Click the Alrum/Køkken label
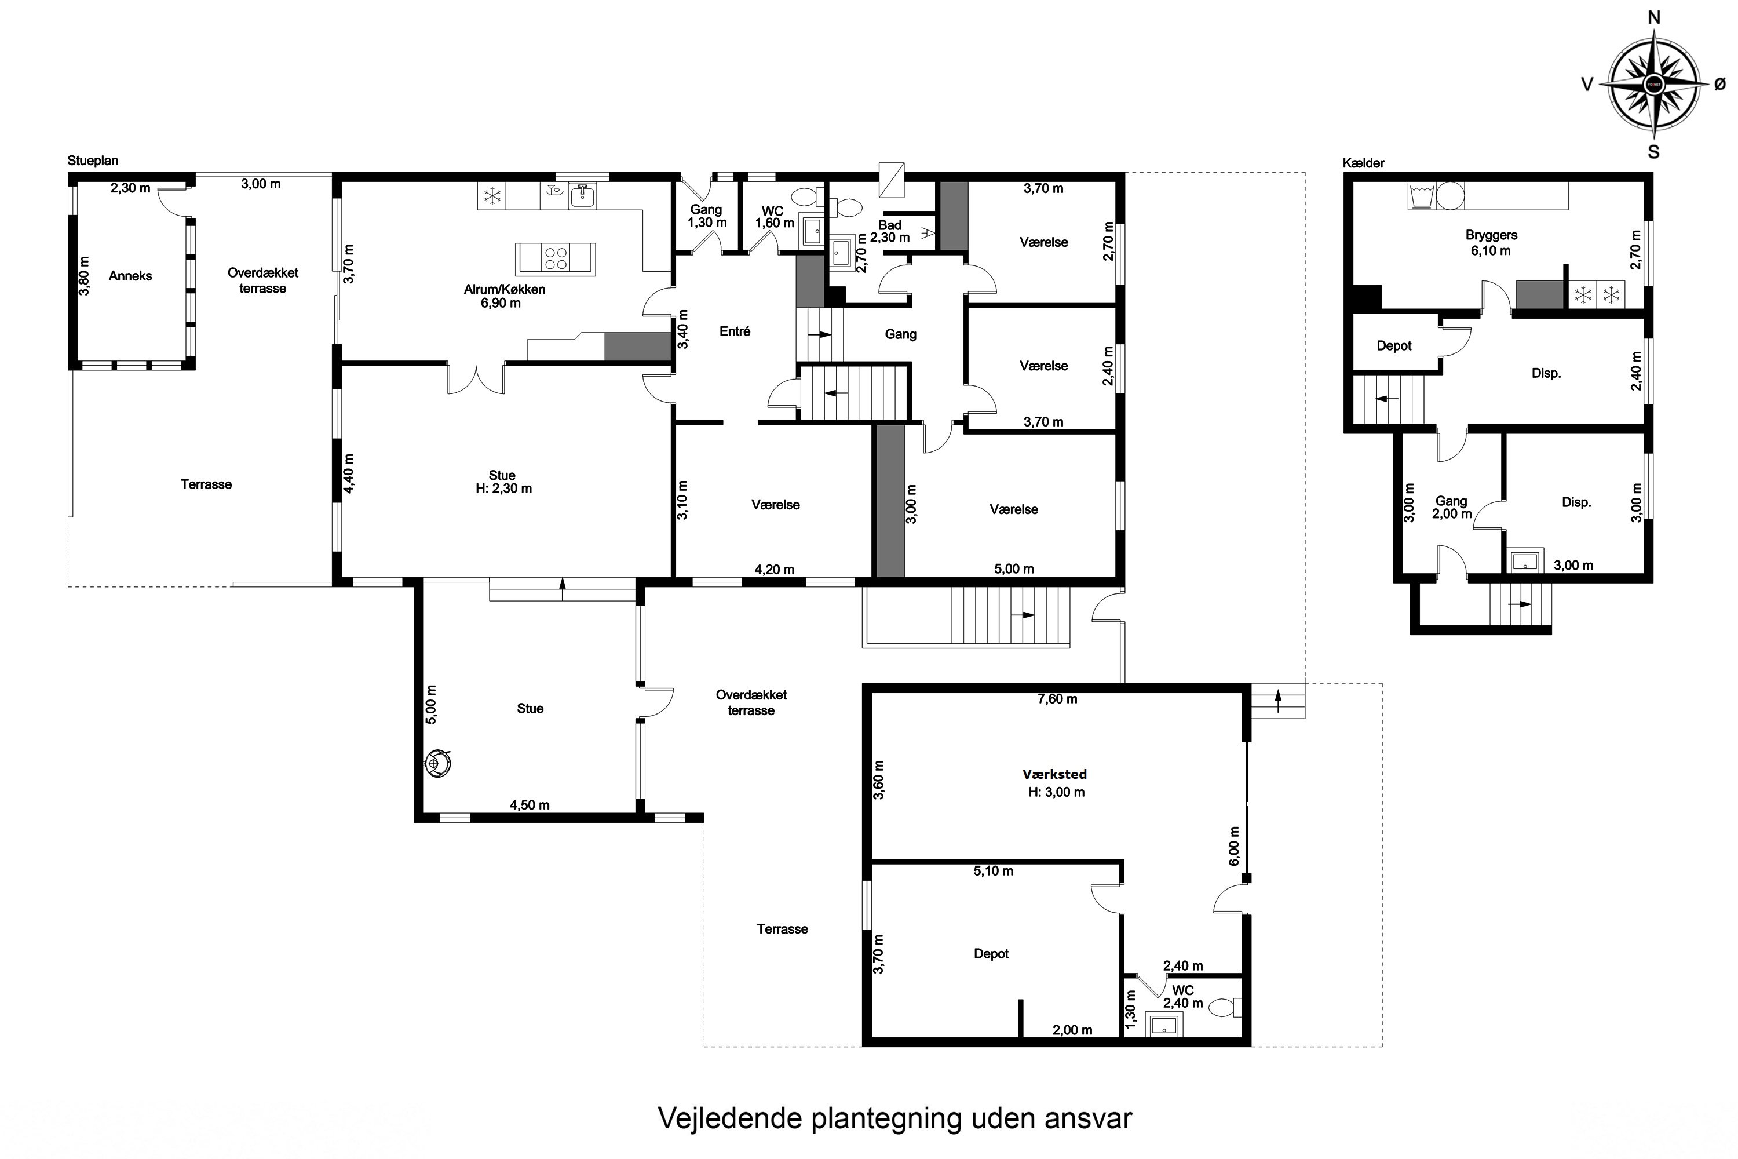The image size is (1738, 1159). tap(504, 289)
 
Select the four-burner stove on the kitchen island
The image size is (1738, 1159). tap(556, 258)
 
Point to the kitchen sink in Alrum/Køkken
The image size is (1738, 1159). tap(583, 195)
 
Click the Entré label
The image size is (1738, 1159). tap(735, 331)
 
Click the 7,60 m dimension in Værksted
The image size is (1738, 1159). tap(1057, 698)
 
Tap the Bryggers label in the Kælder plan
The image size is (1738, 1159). tap(1491, 235)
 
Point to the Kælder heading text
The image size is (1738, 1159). tap(1363, 163)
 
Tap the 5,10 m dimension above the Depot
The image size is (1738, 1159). tap(992, 871)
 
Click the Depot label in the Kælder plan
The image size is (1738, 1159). tap(1394, 345)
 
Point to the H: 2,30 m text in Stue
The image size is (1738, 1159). tap(503, 489)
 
